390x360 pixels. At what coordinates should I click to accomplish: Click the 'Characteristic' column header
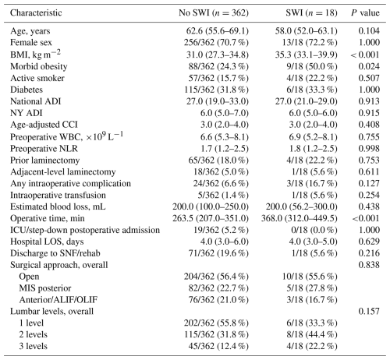[36, 12]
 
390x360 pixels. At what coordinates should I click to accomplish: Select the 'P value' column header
[365, 12]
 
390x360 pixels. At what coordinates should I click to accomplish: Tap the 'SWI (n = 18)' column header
[311, 12]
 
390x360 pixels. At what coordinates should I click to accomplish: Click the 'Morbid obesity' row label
[39, 66]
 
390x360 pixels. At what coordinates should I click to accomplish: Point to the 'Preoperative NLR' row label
[44, 149]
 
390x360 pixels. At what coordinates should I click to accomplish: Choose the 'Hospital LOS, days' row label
[47, 242]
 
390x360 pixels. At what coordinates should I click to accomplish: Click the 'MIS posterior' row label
[45, 288]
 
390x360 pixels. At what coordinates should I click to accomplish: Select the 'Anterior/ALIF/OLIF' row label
[58, 300]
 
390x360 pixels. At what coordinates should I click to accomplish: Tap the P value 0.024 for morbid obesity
[369, 66]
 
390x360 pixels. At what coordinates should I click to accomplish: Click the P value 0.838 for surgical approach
[369, 265]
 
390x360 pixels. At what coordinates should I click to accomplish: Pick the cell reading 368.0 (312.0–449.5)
[300, 218]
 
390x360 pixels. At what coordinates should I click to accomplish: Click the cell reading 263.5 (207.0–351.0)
[211, 218]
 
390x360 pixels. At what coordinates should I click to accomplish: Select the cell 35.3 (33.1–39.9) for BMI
[307, 55]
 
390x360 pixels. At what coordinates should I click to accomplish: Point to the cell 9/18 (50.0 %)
[312, 66]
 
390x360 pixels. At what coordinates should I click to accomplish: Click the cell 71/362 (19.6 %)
[218, 253]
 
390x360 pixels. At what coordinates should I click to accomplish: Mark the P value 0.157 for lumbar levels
[369, 311]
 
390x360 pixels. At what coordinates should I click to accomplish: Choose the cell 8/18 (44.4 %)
[312, 334]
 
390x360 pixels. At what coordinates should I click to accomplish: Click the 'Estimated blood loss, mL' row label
[58, 206]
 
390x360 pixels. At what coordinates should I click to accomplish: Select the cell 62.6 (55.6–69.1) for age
[218, 31]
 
